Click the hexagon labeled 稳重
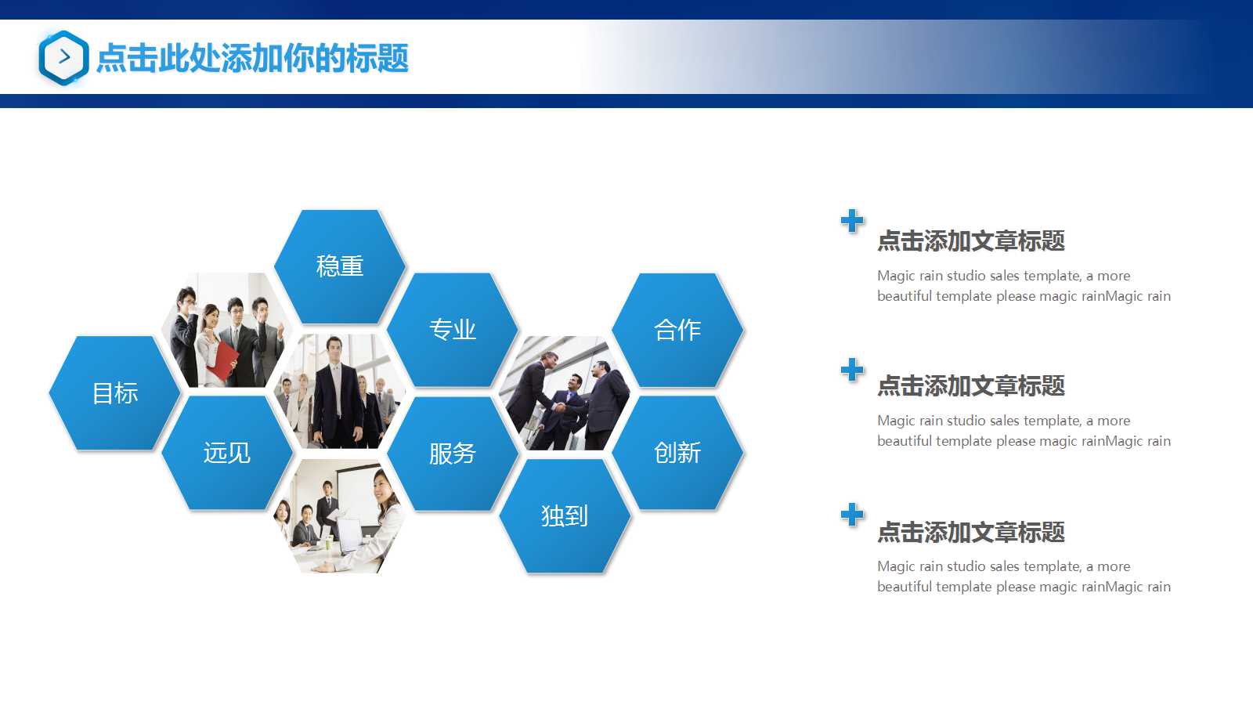(x=340, y=266)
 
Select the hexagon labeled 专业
(x=453, y=330)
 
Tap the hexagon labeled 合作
(x=677, y=330)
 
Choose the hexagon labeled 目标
(x=115, y=393)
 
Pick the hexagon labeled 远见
(x=227, y=453)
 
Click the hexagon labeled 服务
(x=453, y=454)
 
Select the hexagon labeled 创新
(x=677, y=453)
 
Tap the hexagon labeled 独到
(x=565, y=516)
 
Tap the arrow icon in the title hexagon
(x=64, y=57)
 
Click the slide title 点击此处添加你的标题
(x=252, y=59)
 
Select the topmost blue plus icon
(x=852, y=221)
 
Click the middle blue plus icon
(x=852, y=370)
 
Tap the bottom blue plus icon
(x=852, y=515)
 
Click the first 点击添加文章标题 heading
(x=971, y=241)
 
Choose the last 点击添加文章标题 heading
(x=971, y=533)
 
